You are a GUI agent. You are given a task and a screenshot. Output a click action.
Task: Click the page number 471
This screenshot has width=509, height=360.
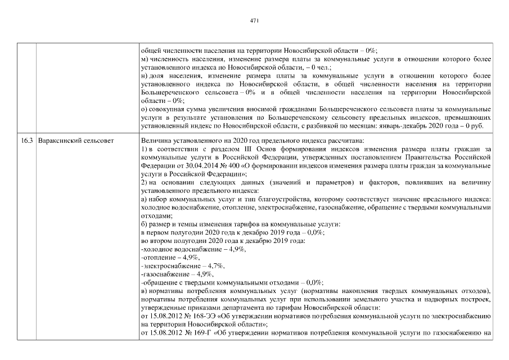click(254, 21)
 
